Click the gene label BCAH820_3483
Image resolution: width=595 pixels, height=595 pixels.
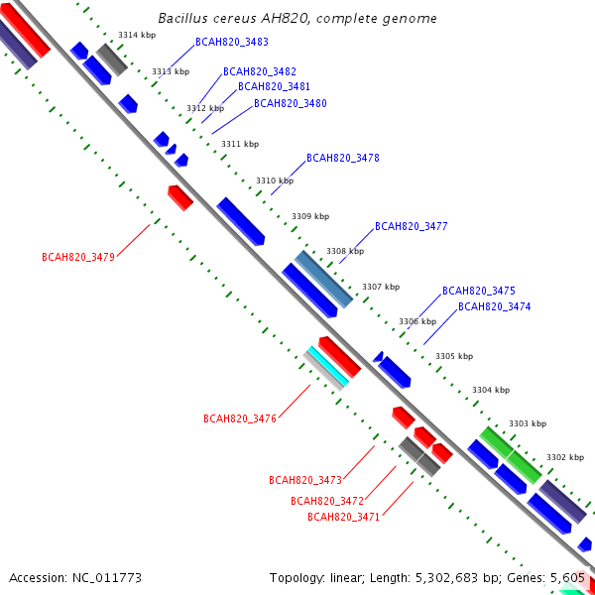(x=232, y=42)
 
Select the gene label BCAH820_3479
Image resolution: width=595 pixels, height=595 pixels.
(x=78, y=257)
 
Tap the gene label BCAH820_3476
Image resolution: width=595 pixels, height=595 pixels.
(x=240, y=418)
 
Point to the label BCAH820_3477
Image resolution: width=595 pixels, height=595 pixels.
(x=412, y=227)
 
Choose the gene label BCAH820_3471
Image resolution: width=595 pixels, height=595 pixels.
(x=344, y=517)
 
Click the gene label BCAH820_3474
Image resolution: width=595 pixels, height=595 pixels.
(x=494, y=306)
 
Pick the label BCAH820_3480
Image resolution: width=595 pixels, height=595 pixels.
(x=291, y=103)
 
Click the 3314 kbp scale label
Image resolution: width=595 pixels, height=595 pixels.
(x=137, y=35)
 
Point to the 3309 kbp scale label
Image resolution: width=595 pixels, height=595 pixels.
(x=310, y=216)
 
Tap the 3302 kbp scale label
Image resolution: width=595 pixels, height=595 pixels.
(x=565, y=457)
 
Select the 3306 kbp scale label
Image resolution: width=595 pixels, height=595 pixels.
(x=417, y=321)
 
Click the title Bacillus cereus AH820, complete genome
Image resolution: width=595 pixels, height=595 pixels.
(x=297, y=19)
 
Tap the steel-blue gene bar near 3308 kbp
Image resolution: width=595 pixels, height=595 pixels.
(x=324, y=279)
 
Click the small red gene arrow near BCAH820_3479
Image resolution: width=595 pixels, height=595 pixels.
(x=179, y=196)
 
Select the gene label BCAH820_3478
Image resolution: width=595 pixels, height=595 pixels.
(x=343, y=158)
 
